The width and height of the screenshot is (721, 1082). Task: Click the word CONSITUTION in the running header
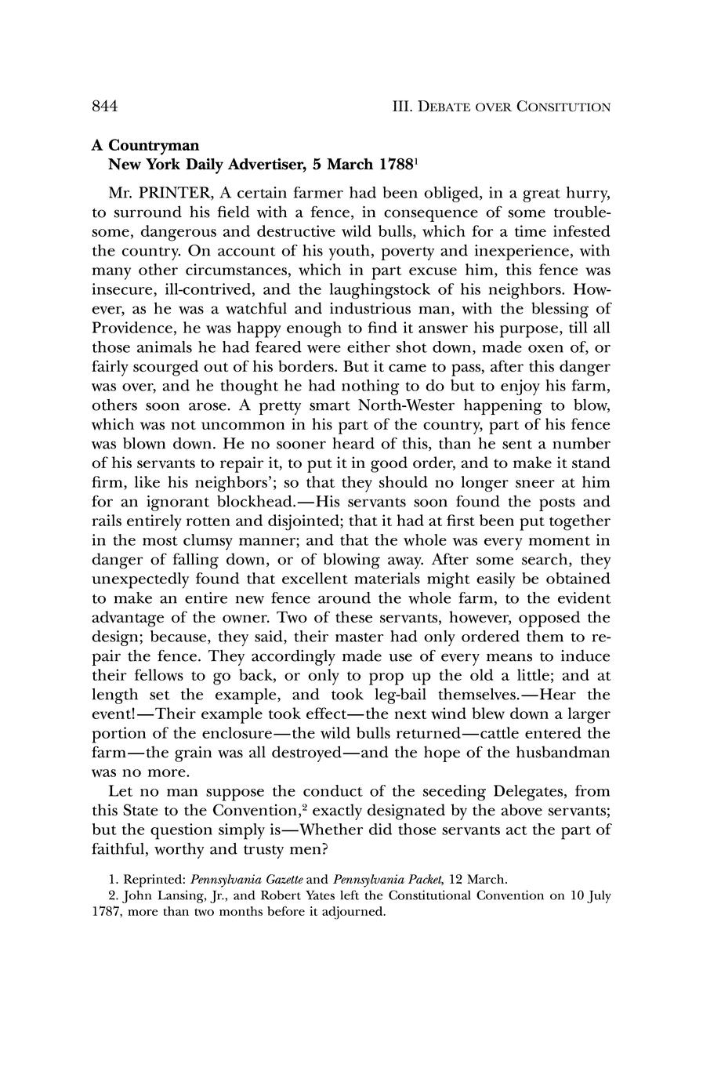563,107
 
